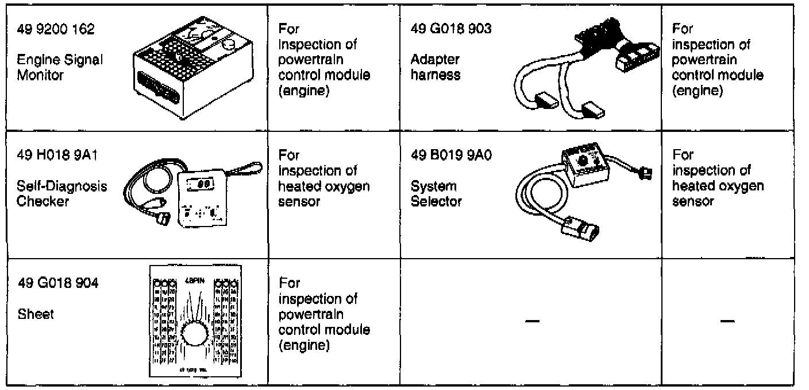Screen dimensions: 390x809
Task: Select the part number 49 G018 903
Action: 452,29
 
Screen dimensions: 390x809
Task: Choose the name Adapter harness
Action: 436,67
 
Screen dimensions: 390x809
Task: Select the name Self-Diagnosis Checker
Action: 61,193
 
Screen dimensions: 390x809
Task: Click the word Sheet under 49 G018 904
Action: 36,315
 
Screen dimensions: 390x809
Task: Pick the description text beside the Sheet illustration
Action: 324,314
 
